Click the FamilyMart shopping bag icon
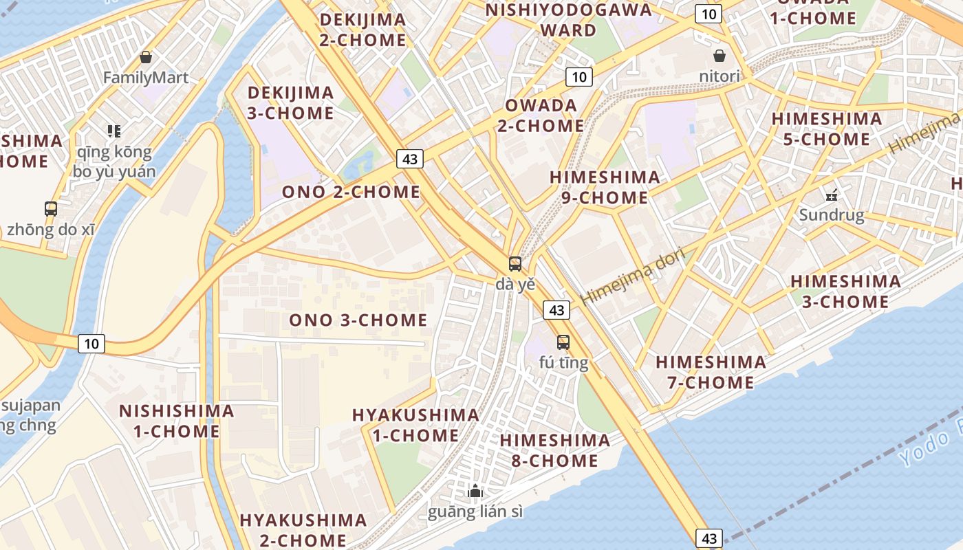[x=145, y=57]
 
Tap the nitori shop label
[x=719, y=76]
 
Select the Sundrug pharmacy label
[x=831, y=215]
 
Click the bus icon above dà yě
[x=515, y=263]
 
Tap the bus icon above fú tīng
[x=563, y=342]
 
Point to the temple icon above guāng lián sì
[x=475, y=491]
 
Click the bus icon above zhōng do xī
[x=50, y=208]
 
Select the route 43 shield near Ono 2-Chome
[x=409, y=159]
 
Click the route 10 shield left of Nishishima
[x=91, y=343]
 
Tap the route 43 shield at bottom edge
[x=710, y=538]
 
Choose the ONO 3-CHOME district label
[x=358, y=320]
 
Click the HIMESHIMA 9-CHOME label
[x=605, y=187]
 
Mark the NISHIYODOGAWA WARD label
[x=568, y=20]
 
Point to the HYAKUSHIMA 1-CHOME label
[x=415, y=425]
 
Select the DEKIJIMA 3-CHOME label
[x=290, y=102]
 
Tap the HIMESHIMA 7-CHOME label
[x=711, y=372]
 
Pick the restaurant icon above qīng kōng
[x=113, y=131]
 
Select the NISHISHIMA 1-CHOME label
[x=176, y=421]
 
